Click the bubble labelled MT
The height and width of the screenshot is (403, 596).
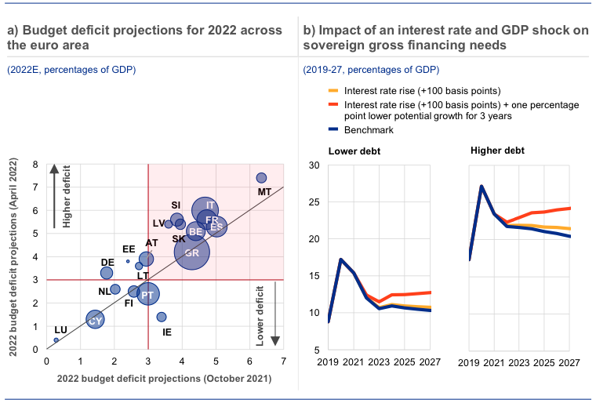[x=261, y=178]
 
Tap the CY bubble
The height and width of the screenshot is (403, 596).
[x=95, y=319]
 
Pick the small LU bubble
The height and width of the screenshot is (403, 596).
[x=56, y=339]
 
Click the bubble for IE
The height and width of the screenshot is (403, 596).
[x=162, y=317]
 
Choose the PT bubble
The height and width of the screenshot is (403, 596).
[x=147, y=294]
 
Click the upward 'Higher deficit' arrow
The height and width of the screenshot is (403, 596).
[x=54, y=196]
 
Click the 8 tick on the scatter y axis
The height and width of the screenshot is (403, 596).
[x=35, y=165]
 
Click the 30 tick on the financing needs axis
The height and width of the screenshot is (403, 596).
[x=314, y=165]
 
